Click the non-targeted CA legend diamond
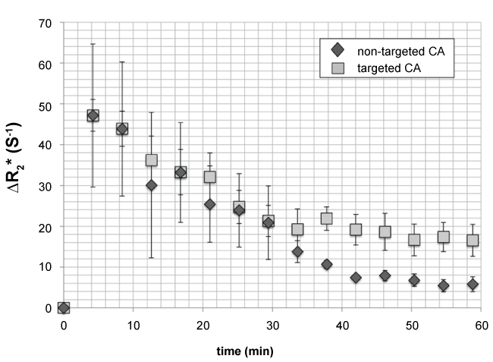click(x=338, y=51)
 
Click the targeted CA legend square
click(x=338, y=68)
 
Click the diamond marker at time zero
click(x=64, y=308)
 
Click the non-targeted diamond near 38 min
click(x=327, y=265)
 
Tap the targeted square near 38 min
click(x=327, y=219)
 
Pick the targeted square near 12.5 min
click(x=152, y=160)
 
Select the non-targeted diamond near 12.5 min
click(x=152, y=185)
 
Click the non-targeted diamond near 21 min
click(x=210, y=204)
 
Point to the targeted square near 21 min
click(x=210, y=177)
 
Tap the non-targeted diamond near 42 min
click(x=356, y=278)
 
